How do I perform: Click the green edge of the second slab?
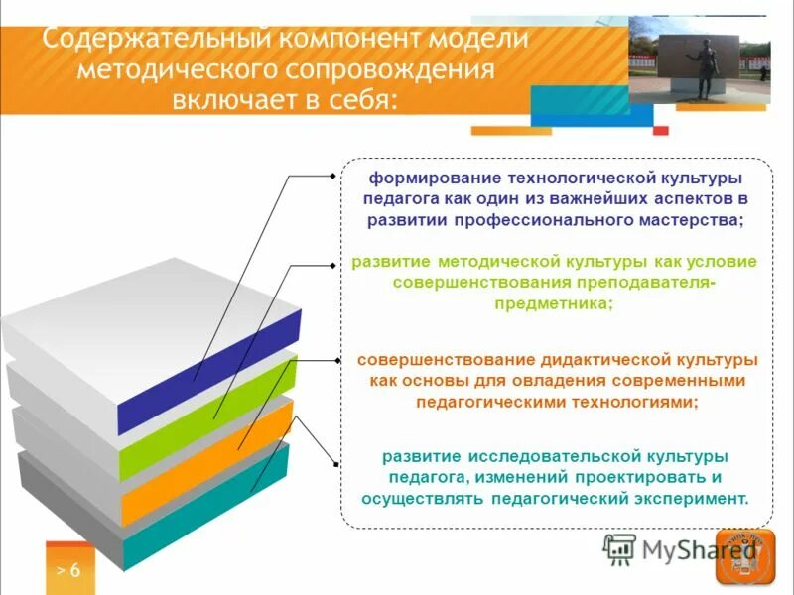[208, 426]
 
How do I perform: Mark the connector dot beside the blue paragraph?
[333, 177]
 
